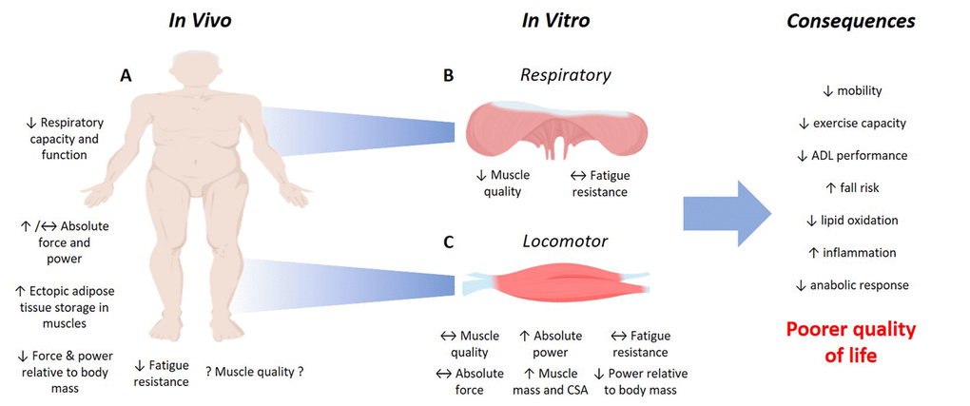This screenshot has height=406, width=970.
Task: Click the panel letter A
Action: pos(126,79)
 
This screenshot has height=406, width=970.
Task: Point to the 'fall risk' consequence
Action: pos(851,188)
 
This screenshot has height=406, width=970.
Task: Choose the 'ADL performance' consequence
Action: pos(851,156)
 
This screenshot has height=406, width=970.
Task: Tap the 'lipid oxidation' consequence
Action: pos(851,221)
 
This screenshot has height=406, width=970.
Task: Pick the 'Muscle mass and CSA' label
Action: pos(551,381)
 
